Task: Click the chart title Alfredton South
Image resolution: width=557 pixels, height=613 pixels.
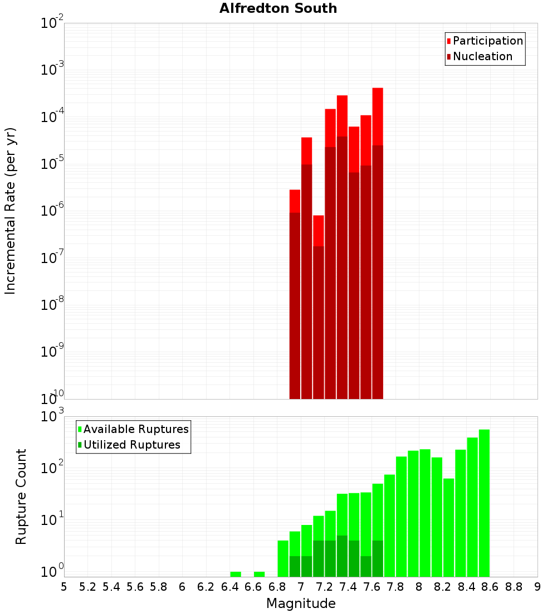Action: [278, 8]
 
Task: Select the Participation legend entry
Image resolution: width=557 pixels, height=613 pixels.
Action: [485, 41]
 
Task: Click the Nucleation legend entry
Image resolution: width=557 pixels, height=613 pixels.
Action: [480, 56]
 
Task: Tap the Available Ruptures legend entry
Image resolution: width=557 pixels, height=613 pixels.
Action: [133, 429]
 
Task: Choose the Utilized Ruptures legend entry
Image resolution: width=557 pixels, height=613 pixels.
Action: [129, 445]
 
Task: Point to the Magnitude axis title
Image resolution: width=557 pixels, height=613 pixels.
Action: [301, 603]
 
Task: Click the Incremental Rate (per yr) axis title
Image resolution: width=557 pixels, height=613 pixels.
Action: [10, 211]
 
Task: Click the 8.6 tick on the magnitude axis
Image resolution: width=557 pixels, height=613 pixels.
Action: [490, 587]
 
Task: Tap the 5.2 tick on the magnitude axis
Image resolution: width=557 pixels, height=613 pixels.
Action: [87, 587]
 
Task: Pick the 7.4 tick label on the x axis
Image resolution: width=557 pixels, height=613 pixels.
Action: [348, 587]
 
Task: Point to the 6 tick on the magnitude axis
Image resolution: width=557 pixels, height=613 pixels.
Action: [182, 587]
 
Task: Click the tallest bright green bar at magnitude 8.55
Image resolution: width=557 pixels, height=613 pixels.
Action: [484, 503]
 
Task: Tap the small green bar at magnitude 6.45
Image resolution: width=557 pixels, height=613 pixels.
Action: [236, 575]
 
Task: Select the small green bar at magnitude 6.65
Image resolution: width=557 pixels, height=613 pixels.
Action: [259, 575]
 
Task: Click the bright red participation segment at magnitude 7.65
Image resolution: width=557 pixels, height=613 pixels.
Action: [378, 116]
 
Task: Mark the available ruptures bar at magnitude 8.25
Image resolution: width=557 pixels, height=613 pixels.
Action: [449, 527]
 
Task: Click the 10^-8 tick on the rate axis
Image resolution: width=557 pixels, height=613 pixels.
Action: [52, 303]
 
